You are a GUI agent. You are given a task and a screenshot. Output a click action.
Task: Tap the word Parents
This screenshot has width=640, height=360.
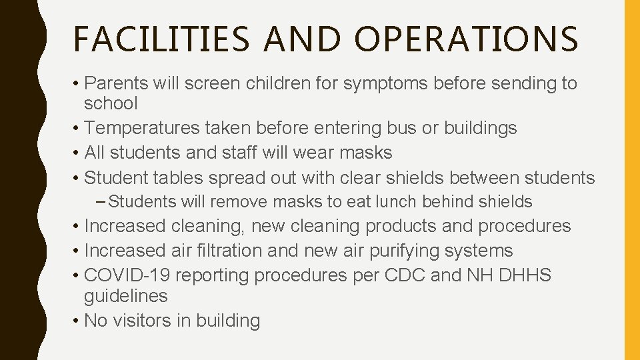[117, 84]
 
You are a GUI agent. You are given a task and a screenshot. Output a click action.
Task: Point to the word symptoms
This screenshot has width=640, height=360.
[382, 84]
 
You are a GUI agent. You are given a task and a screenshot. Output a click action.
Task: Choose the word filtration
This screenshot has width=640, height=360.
[222, 251]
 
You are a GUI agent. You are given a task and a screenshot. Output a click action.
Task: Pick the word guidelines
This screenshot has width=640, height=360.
[126, 296]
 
